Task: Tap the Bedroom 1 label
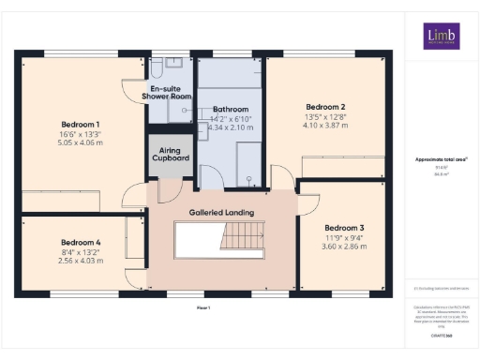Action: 81,125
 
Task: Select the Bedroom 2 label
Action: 324,107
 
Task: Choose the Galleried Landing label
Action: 221,213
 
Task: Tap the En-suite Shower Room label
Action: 166,92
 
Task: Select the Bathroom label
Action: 229,108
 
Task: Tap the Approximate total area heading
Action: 441,159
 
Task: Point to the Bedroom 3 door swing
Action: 309,201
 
